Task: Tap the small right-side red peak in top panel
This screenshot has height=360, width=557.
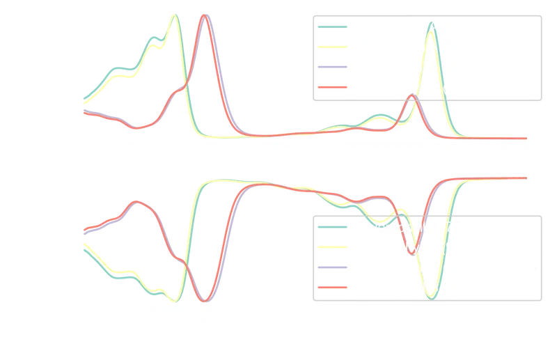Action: (411, 95)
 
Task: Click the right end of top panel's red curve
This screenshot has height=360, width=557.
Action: (527, 138)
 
